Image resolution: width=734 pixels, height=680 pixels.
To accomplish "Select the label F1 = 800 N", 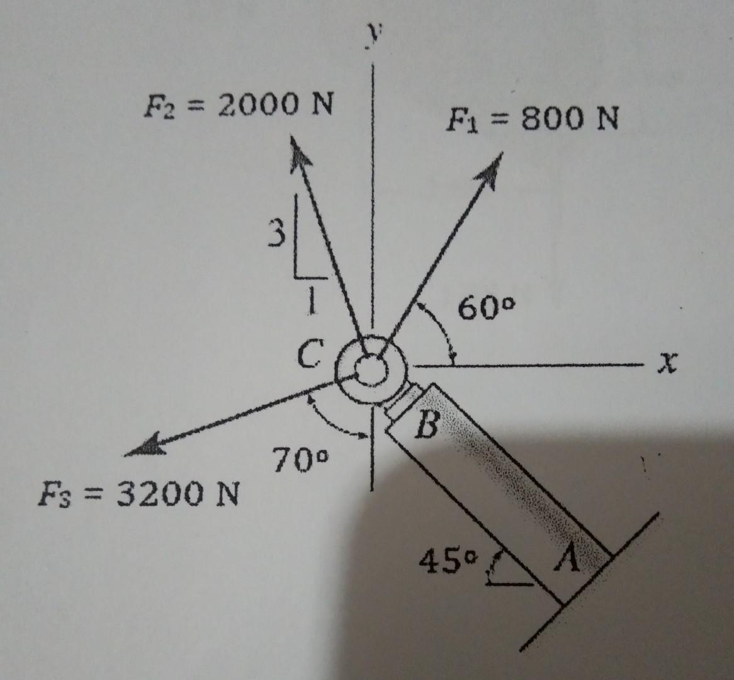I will pos(532,118).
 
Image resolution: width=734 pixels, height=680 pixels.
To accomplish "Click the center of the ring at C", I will pos(371,366).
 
